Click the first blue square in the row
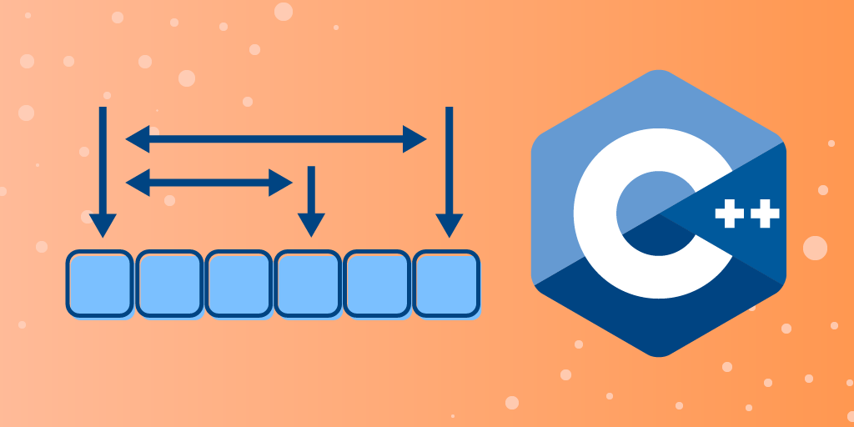(99, 284)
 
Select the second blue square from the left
(169, 284)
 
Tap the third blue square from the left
(239, 284)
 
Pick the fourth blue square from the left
(308, 284)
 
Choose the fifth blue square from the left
(377, 284)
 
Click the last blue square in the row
(447, 284)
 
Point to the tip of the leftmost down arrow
(103, 235)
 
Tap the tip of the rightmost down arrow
(450, 235)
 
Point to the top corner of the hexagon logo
(659, 71)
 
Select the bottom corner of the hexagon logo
(659, 356)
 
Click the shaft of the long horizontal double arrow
(275, 139)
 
